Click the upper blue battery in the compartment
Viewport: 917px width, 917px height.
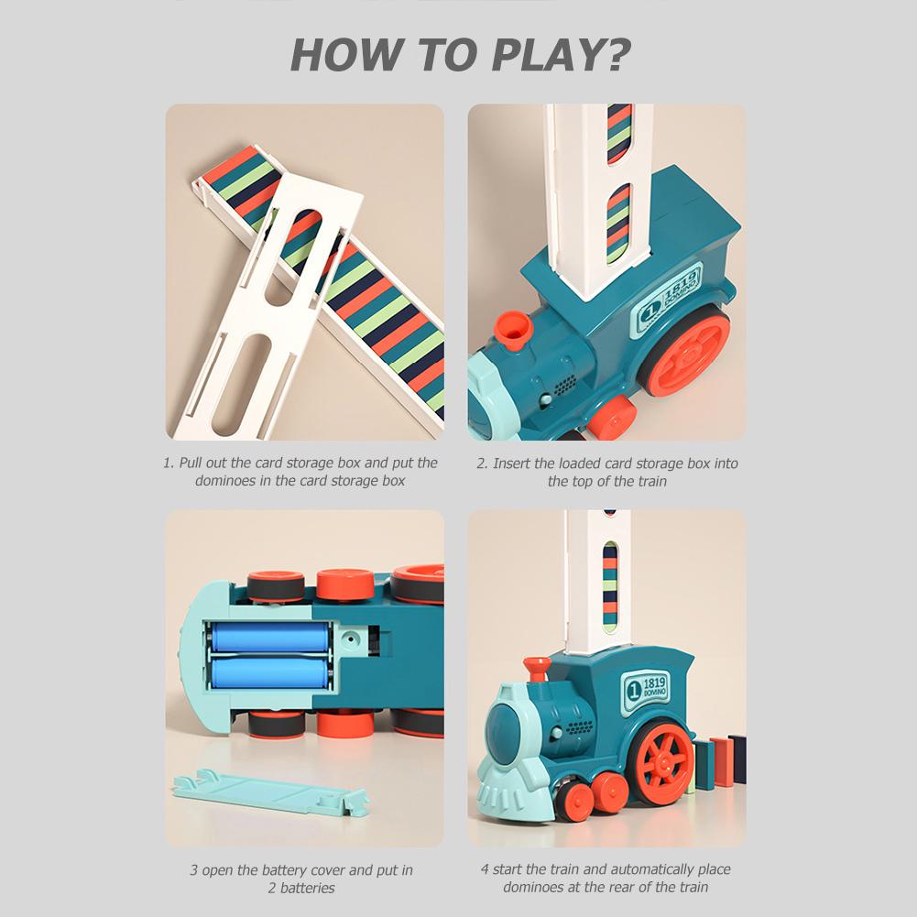click(x=269, y=637)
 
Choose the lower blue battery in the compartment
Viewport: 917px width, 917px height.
click(x=269, y=676)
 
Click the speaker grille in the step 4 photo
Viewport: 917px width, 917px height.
click(x=577, y=729)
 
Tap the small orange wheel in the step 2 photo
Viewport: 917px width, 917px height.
click(x=611, y=417)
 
